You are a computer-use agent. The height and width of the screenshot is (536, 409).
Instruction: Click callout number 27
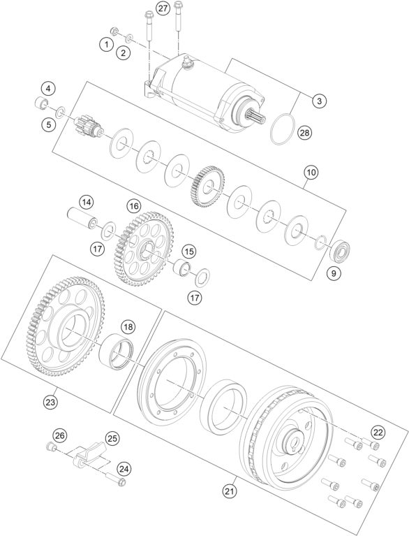163,8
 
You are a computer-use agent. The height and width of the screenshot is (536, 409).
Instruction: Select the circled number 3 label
318,101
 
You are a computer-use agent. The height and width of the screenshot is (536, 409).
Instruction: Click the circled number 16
133,207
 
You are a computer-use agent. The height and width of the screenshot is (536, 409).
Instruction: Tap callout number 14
86,203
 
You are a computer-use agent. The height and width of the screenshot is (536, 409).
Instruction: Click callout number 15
188,250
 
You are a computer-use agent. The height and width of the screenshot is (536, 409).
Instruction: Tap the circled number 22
377,431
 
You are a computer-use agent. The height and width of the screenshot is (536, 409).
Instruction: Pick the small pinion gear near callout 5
88,129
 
